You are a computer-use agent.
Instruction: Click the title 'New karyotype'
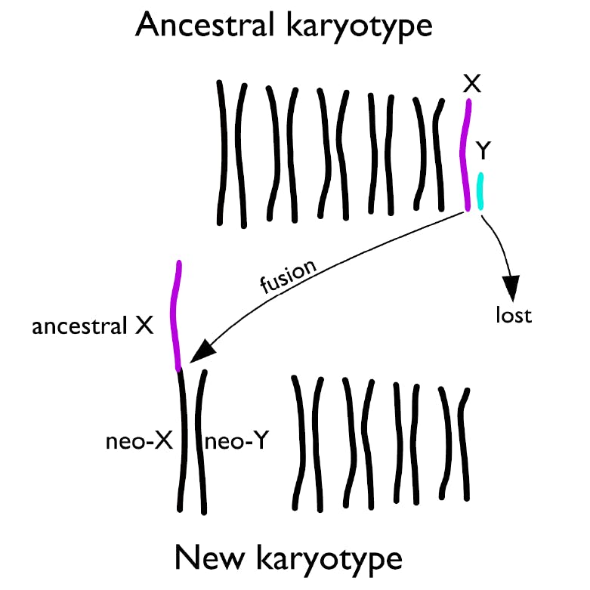coord(289,560)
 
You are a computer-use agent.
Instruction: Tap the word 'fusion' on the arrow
coord(289,276)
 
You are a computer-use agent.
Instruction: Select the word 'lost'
coord(514,315)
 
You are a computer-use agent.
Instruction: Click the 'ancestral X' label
coord(93,326)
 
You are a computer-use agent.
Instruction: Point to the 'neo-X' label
coord(139,441)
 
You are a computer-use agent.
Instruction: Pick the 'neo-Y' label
coord(236,440)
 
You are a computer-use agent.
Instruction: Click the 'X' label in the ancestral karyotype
coord(472,84)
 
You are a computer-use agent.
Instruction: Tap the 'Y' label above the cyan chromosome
coord(483,151)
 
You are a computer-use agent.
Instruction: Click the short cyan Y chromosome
coord(480,191)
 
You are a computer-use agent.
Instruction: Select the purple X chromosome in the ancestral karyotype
coord(466,155)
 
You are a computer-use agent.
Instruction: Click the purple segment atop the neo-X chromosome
coord(176,315)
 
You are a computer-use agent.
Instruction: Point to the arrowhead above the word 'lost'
coord(511,288)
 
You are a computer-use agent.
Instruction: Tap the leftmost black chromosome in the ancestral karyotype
coord(221,153)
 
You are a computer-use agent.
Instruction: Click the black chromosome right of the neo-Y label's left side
coord(201,442)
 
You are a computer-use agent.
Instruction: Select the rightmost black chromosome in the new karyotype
coord(464,444)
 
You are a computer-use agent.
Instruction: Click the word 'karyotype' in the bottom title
coord(330,560)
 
